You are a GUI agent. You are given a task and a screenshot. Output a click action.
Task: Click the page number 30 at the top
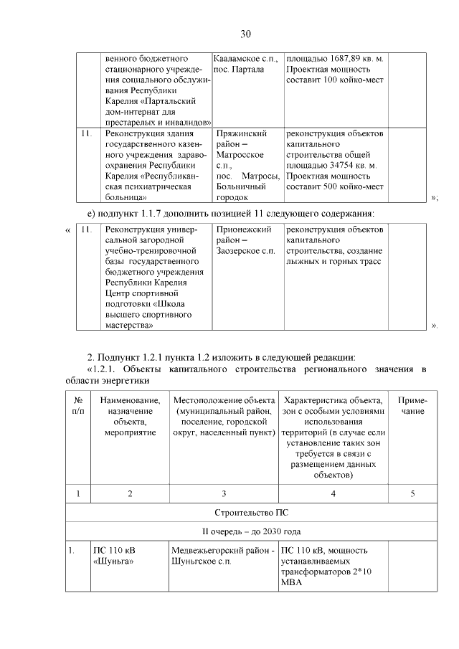(x=245, y=34)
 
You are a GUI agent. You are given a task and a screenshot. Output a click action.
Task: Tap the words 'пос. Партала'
(x=239, y=69)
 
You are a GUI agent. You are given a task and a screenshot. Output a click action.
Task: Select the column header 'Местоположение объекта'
(x=224, y=400)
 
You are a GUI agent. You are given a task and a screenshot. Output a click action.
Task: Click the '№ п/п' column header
(x=77, y=406)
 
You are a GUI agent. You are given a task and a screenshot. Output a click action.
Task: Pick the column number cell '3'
(x=224, y=493)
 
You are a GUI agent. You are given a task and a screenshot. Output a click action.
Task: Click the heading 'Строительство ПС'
(x=245, y=513)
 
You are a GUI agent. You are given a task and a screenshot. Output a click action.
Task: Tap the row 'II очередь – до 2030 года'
(x=245, y=531)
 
